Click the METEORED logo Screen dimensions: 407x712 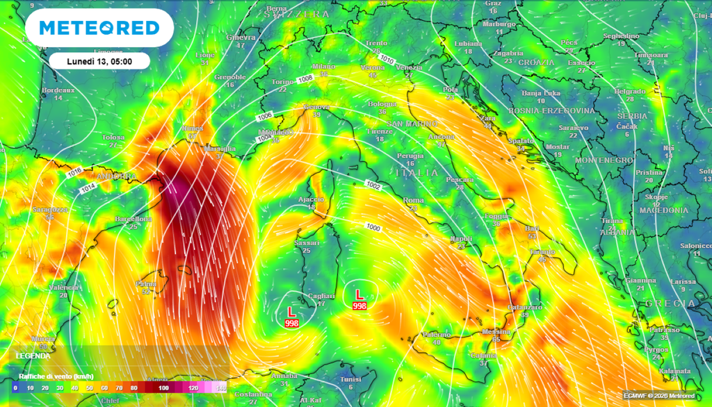(x=99, y=28)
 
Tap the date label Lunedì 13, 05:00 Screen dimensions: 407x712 (x=99, y=61)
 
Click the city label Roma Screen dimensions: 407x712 (x=413, y=200)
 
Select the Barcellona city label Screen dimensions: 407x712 (x=133, y=219)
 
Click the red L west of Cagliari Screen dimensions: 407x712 (x=291, y=313)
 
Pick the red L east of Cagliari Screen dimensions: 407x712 (x=359, y=294)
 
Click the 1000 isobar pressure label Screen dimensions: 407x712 (x=373, y=228)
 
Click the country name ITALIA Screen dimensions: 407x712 (x=416, y=172)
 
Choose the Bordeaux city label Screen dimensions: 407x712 (x=58, y=90)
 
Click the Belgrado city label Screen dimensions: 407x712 (x=630, y=91)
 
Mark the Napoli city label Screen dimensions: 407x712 (x=461, y=238)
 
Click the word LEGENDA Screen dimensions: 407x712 (x=33, y=356)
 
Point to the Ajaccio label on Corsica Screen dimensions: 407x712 (x=311, y=199)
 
